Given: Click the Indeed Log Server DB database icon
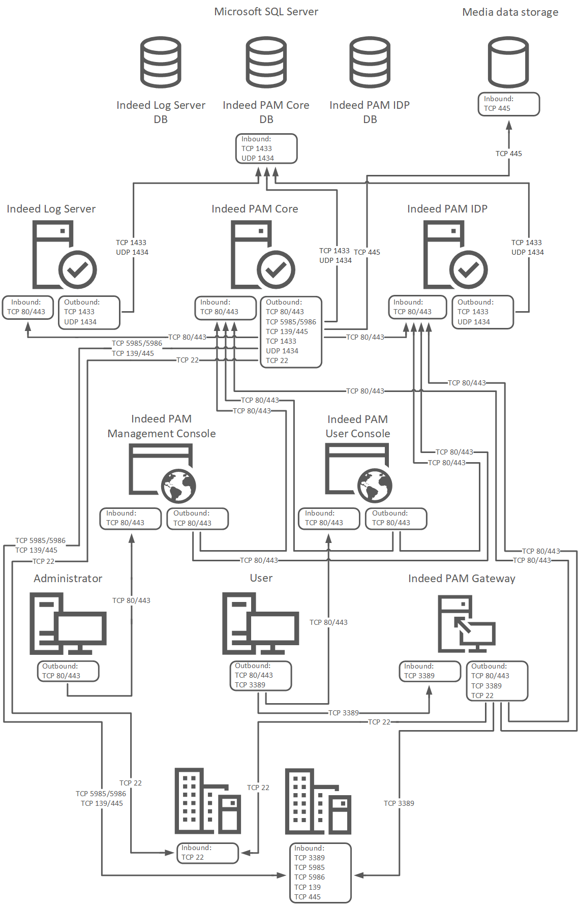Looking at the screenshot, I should point(161,62).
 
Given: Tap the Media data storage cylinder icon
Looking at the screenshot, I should point(508,62).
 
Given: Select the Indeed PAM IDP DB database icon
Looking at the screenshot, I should point(370,62).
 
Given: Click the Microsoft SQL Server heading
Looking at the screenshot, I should point(266,12).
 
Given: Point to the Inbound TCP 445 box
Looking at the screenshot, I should point(508,104).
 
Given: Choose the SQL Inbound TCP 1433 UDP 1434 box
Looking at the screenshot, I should point(266,148).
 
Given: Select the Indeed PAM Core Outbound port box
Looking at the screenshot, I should point(291,331).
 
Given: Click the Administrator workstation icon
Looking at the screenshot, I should point(68,624).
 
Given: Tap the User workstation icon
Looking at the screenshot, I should point(260,624).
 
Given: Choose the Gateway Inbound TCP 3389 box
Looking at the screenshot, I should point(430,671).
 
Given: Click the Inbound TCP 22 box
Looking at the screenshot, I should point(207,853).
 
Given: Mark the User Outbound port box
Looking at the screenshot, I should point(261,676).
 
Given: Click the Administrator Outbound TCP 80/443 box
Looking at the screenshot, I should point(68,671).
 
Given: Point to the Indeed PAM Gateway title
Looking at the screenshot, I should point(462,579).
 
